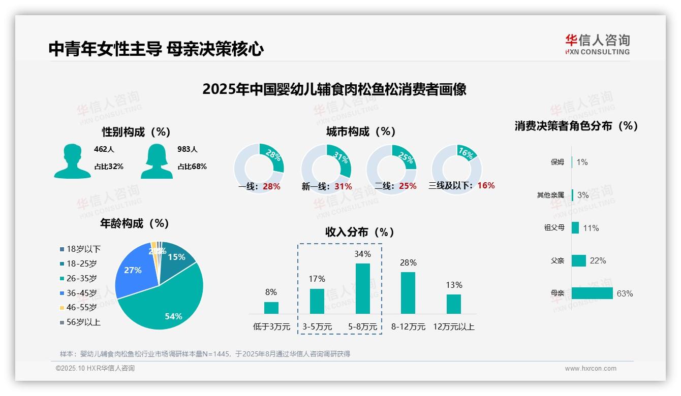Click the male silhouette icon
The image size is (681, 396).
[72, 161]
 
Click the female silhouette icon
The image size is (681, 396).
[157, 161]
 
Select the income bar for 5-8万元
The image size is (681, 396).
[363, 288]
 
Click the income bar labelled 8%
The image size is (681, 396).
[271, 308]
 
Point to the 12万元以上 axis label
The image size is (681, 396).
[453, 327]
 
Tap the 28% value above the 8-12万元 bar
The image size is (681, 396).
[408, 262]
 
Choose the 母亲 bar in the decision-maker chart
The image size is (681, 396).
[592, 293]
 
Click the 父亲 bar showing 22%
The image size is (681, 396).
[579, 260]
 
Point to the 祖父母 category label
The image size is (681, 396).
[554, 228]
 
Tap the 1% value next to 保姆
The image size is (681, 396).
[582, 162]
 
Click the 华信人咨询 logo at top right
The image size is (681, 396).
[597, 44]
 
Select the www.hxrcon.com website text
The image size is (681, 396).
[590, 369]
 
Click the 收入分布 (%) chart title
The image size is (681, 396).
[360, 232]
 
